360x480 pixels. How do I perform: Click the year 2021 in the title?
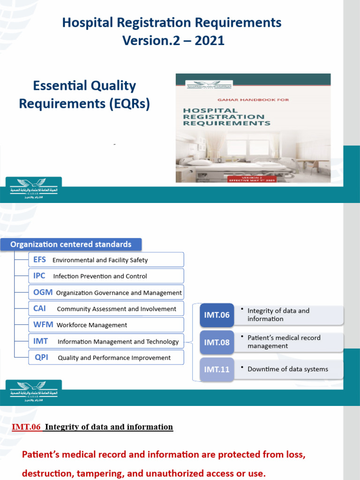(209, 41)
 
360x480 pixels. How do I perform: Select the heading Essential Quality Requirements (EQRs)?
(84, 95)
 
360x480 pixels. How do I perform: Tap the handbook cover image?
(253, 128)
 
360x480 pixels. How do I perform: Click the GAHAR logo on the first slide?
(34, 189)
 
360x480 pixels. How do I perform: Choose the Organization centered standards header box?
(71, 244)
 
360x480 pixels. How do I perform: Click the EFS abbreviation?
(40, 260)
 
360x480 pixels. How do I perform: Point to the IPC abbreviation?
(39, 276)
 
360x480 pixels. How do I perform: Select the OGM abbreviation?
(43, 292)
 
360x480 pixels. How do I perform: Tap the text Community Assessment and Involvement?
(116, 309)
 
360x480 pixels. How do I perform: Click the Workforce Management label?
(92, 325)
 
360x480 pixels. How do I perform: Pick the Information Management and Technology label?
(118, 342)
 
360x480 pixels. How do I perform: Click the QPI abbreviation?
(42, 358)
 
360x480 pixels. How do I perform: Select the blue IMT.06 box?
(217, 315)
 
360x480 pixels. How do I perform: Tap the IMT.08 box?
(217, 342)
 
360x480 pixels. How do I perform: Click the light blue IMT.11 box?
(217, 369)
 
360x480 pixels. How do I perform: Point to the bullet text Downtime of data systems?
(288, 369)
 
